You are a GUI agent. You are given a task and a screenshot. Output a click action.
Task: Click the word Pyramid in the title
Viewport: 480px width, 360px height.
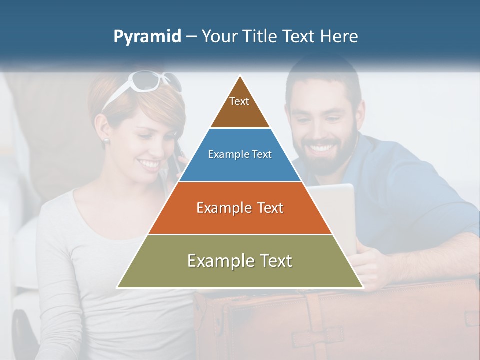tap(147, 37)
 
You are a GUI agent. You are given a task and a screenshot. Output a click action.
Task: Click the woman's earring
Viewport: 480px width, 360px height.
tap(106, 141)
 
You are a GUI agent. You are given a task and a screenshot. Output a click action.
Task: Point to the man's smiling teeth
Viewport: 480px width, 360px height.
tap(323, 148)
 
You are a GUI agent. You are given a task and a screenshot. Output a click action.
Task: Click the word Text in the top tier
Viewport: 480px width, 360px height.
tap(239, 101)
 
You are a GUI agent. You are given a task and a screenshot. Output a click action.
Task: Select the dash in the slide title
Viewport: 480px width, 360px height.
tap(191, 37)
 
